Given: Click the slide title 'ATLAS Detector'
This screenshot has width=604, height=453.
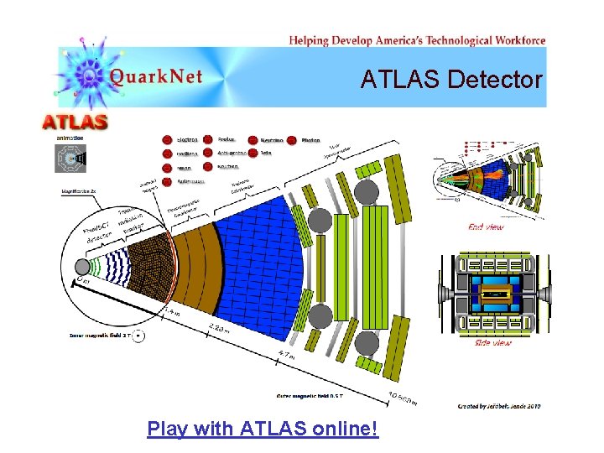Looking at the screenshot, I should point(452,80).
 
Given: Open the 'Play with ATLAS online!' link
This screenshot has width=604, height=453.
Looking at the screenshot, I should point(263,430).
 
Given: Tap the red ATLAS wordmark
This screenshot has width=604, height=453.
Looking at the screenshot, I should point(75,122).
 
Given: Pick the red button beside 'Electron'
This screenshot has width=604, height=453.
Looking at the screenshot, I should point(167,140).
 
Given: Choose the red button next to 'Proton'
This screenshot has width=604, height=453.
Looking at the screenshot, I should point(207,140).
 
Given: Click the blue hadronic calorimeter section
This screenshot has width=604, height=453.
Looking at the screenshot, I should point(252,252).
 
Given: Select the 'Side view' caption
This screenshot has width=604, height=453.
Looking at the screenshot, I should point(494,342).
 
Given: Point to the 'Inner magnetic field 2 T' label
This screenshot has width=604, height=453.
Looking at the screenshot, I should point(100,336).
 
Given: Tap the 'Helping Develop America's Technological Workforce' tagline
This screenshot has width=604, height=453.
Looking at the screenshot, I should point(417,39).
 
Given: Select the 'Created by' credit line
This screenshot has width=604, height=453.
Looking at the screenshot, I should point(499,405).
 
